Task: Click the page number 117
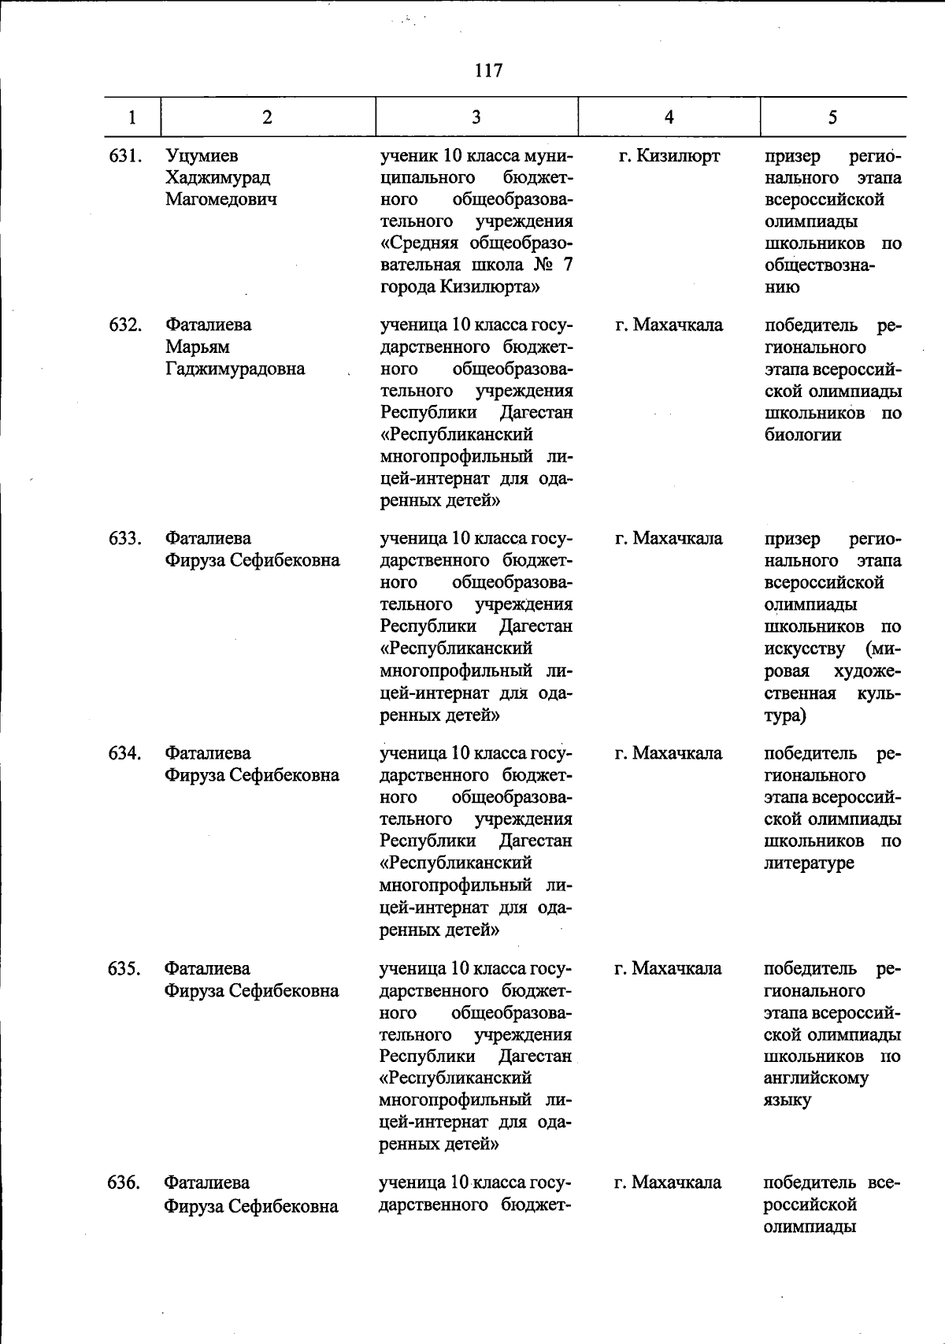[x=488, y=71]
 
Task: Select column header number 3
[x=476, y=117]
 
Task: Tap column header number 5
[x=832, y=117]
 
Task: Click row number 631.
[x=124, y=156]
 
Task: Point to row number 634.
[x=124, y=753]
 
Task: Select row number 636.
[x=124, y=1182]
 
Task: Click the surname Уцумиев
[x=202, y=156]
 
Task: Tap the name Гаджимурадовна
[x=235, y=369]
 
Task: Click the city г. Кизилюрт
[x=669, y=156]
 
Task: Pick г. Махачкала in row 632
[x=669, y=325]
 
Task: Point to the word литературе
[x=809, y=863]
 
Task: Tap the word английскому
[x=816, y=1078]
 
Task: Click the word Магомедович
[x=221, y=199]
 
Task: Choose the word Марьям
[x=198, y=347]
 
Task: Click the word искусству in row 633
[x=804, y=648]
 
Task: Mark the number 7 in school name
[x=568, y=265]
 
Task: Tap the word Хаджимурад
[x=217, y=178]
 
